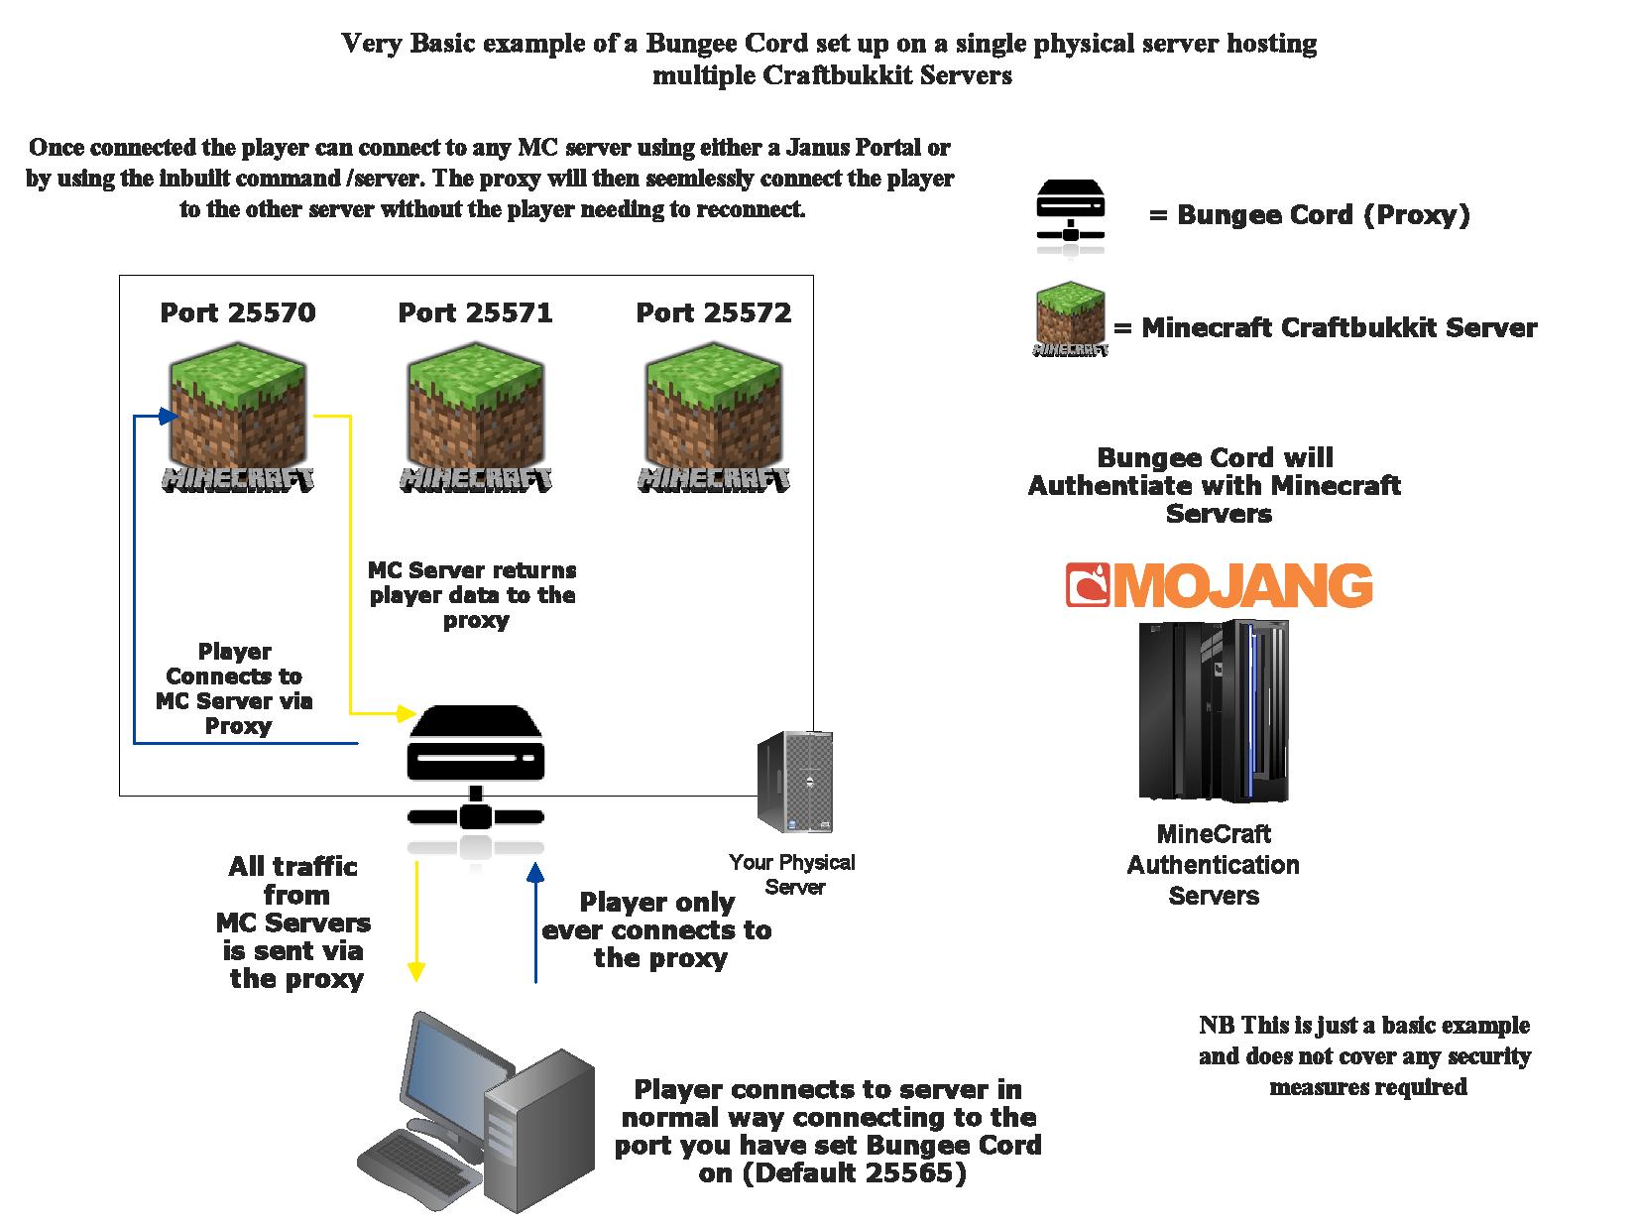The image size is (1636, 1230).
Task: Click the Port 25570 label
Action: click(238, 313)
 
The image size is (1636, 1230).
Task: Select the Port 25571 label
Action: click(475, 313)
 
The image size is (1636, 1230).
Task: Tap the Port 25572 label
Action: click(714, 313)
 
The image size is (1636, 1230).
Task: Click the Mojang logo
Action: click(1219, 585)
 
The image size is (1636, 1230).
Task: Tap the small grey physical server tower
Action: click(794, 783)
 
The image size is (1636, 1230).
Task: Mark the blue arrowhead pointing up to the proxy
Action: click(536, 873)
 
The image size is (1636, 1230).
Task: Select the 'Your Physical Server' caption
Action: click(792, 874)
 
